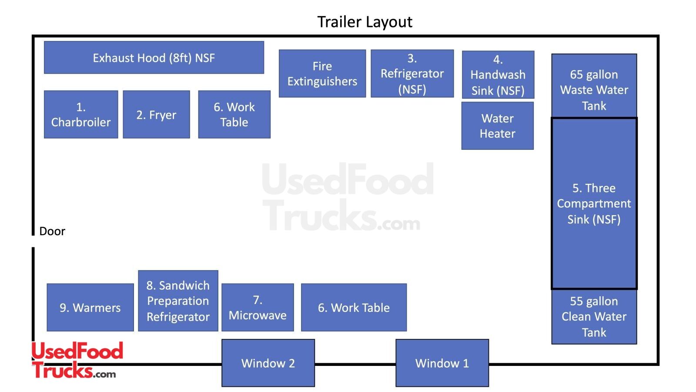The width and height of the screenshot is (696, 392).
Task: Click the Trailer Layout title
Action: click(365, 22)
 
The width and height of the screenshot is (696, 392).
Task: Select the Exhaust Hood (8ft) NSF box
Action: click(154, 57)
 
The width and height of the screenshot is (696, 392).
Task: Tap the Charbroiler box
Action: click(81, 115)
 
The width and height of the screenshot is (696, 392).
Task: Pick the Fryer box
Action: click(156, 115)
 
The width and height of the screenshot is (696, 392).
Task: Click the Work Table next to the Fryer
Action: click(234, 115)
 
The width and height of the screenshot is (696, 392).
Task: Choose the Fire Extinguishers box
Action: click(322, 73)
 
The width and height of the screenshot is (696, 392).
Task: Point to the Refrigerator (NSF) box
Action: click(412, 73)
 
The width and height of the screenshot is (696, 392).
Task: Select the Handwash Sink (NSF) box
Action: click(498, 74)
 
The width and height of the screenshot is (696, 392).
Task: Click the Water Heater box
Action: click(497, 126)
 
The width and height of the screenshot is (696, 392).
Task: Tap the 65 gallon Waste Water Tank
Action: click(594, 86)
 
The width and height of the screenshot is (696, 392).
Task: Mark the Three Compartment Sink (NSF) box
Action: click(594, 203)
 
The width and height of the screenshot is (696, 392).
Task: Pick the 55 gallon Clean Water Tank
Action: click(594, 317)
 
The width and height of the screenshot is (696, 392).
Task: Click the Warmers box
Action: click(90, 308)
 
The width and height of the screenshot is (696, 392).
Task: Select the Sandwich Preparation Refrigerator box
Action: click(178, 301)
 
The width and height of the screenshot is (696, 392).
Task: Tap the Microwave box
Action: click(258, 308)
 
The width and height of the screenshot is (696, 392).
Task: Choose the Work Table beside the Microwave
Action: click(354, 308)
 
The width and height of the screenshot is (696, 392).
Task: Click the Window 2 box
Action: click(268, 363)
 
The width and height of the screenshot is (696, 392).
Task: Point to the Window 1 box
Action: click(442, 363)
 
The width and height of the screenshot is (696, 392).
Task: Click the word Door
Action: click(52, 231)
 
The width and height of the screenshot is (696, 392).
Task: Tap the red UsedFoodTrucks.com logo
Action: click(77, 360)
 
